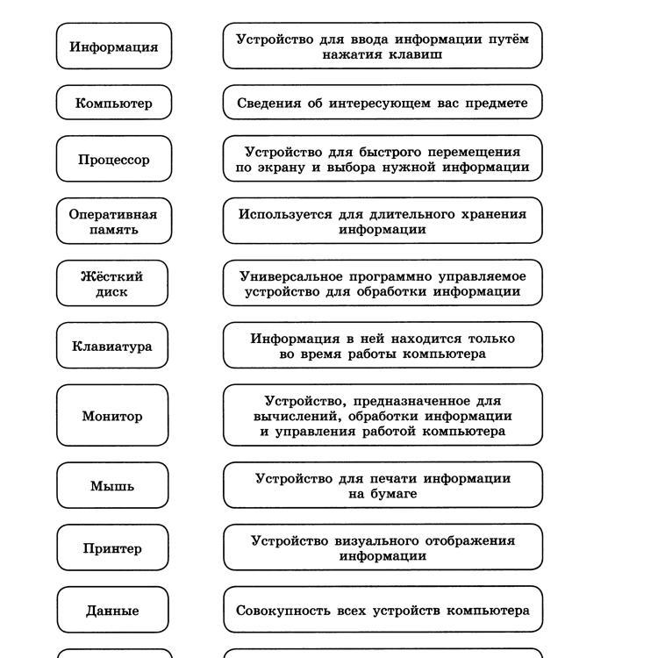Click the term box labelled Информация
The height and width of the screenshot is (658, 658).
tap(113, 46)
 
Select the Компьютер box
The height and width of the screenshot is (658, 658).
tap(113, 103)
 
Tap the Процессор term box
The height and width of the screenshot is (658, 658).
tap(113, 159)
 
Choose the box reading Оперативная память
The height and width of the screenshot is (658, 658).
tap(113, 221)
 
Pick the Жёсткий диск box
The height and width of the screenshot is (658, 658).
tap(112, 283)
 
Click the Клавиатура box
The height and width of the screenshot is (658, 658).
tap(112, 346)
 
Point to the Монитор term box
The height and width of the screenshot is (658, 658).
tap(112, 416)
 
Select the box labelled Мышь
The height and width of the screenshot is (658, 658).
tap(112, 485)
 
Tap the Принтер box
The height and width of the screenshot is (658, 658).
tap(112, 548)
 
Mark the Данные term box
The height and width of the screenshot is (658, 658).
tap(112, 610)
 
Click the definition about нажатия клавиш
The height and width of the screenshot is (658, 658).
tap(383, 46)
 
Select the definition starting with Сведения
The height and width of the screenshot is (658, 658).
tap(383, 103)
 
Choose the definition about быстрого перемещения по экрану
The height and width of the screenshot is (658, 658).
tap(383, 159)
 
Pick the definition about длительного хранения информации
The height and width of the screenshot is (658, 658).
tap(383, 221)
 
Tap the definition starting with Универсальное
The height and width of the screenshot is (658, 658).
tap(383, 283)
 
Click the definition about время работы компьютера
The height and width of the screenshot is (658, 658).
tap(383, 346)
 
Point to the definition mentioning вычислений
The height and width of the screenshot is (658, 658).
tap(383, 416)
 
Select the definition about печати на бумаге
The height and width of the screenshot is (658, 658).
tap(383, 485)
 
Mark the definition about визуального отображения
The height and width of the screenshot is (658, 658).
tap(383, 548)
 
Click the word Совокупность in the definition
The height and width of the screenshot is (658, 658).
tap(279, 610)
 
